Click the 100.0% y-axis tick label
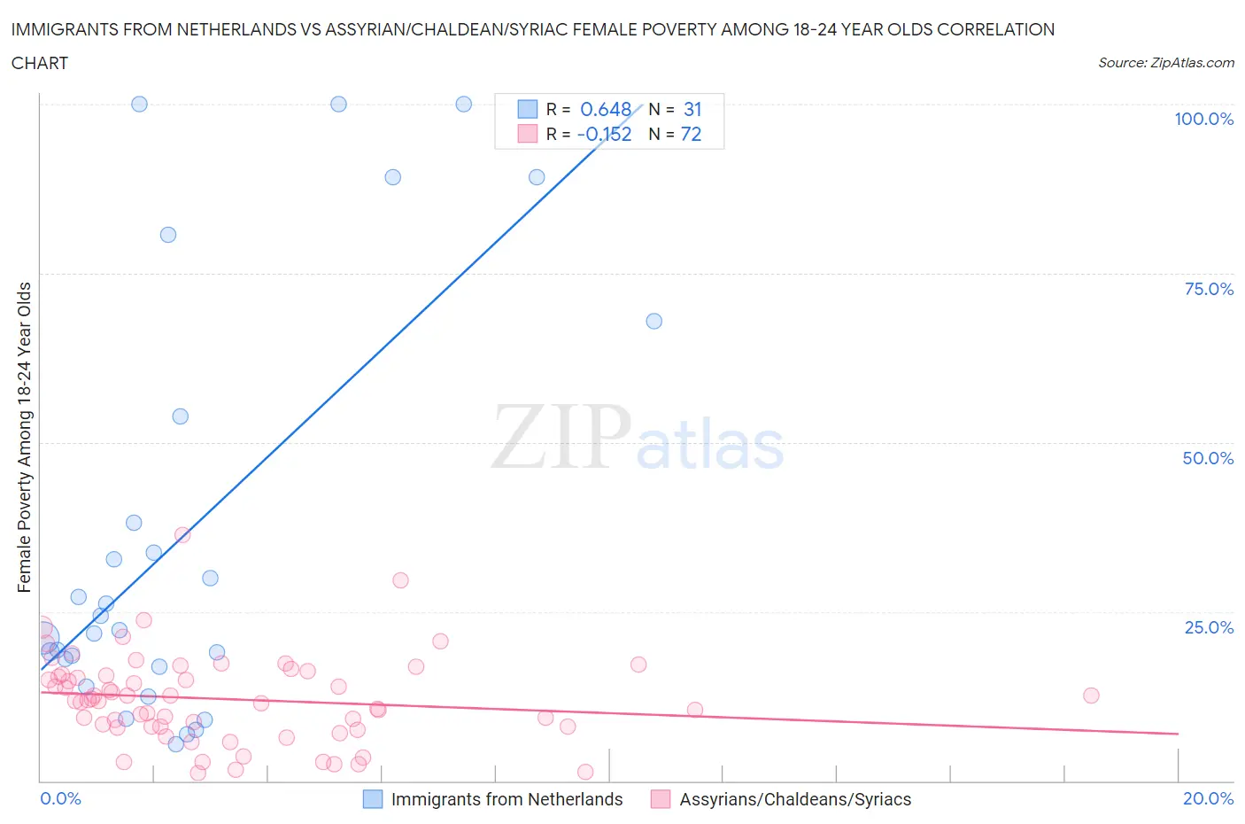(1203, 119)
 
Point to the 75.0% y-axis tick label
(1209, 289)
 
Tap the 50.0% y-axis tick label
(1208, 458)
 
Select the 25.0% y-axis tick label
(1209, 627)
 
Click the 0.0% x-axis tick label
(60, 798)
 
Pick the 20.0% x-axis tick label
(1208, 798)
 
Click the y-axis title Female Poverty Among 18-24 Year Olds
(24, 437)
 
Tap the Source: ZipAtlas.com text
(1165, 62)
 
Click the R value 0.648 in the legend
(605, 109)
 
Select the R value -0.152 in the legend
(604, 134)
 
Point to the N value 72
(691, 134)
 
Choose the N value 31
(692, 109)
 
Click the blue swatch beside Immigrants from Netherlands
(373, 799)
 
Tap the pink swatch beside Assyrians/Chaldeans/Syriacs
(661, 799)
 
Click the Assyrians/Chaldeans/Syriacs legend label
(795, 799)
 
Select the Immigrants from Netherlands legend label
(507, 799)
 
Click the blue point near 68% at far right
(653, 321)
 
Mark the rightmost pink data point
(1091, 696)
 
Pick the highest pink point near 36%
(182, 534)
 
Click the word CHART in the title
(40, 63)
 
